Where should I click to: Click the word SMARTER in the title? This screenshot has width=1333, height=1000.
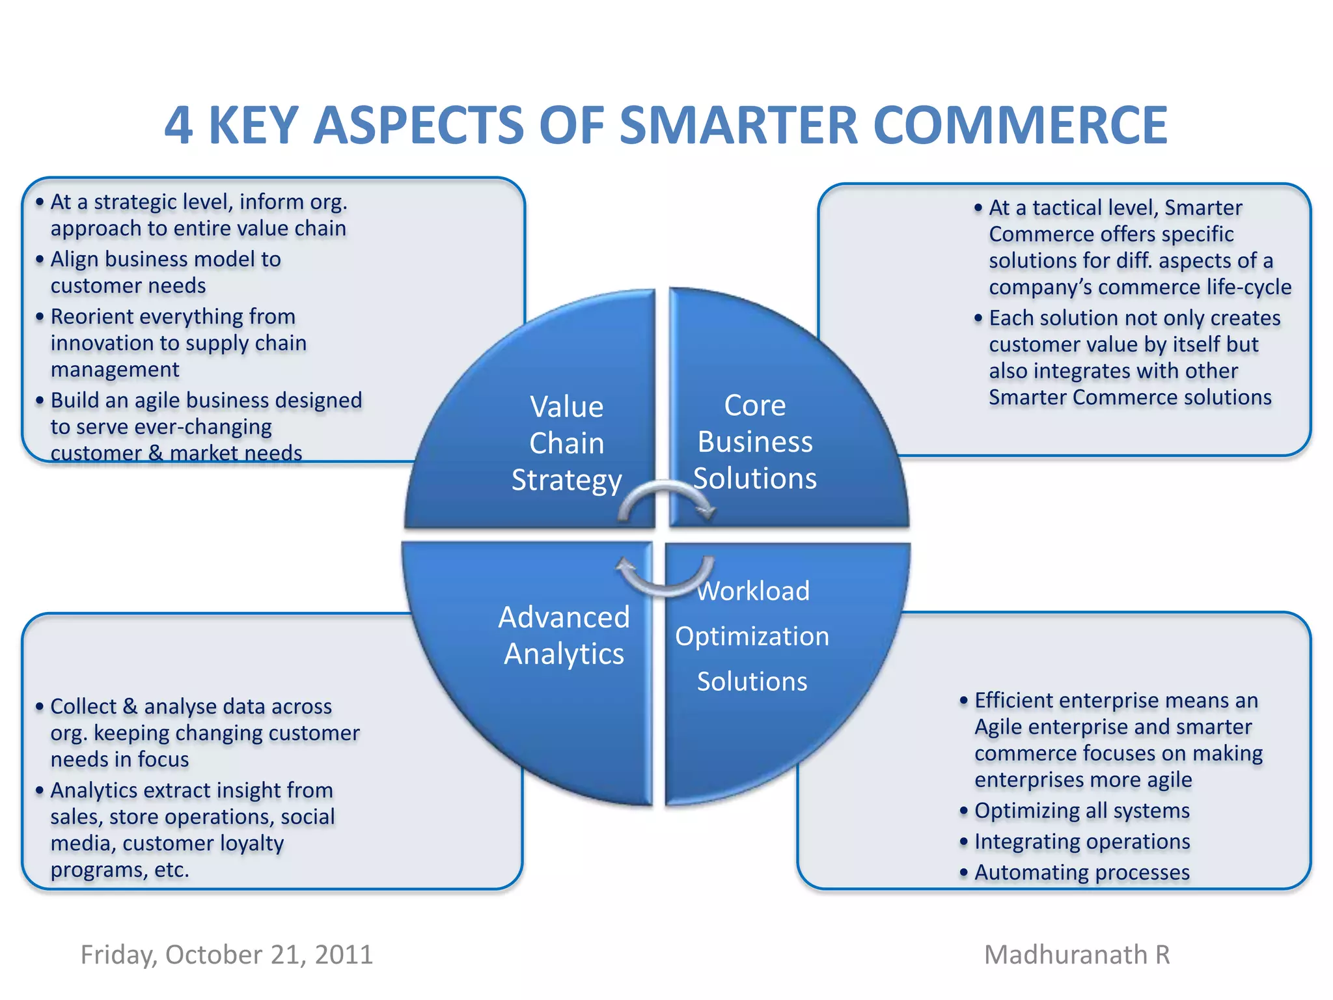click(739, 125)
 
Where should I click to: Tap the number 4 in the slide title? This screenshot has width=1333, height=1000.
click(178, 125)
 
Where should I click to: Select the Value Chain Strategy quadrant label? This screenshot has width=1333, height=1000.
click(566, 443)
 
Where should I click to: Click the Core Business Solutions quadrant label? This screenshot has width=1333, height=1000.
click(754, 441)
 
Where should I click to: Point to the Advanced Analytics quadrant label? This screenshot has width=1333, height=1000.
click(564, 635)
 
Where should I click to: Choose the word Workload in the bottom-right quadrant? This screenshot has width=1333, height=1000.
click(753, 591)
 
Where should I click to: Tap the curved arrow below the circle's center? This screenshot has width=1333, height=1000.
click(665, 577)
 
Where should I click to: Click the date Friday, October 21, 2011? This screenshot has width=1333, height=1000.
click(227, 954)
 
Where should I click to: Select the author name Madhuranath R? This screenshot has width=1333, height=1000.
click(1077, 954)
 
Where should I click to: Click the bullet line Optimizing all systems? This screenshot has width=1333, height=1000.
click(1082, 811)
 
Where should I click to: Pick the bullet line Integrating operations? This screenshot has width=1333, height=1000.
click(1082, 841)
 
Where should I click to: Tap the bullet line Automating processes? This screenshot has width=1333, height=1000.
click(1082, 872)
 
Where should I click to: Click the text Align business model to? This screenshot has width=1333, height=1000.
click(165, 259)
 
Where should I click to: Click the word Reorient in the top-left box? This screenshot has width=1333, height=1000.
click(92, 316)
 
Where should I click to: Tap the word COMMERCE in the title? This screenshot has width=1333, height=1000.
click(1020, 125)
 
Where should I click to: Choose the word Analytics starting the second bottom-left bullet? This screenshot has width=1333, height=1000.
click(94, 790)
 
